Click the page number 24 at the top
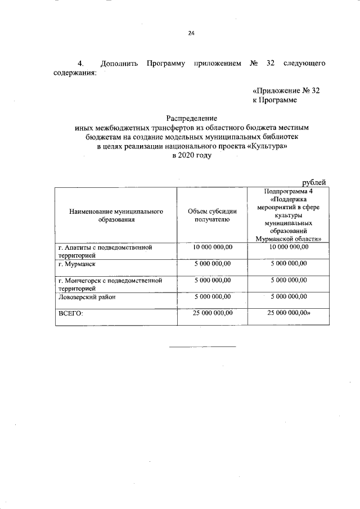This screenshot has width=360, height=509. (x=191, y=33)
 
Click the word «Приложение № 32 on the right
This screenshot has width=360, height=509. (x=287, y=91)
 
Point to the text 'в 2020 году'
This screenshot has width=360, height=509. (x=191, y=156)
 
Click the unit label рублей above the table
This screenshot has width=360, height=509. (x=314, y=181)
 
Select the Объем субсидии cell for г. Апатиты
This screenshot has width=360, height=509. (x=213, y=247)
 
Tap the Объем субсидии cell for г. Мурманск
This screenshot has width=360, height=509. (x=213, y=263)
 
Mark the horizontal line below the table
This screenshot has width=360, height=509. (x=202, y=346)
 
